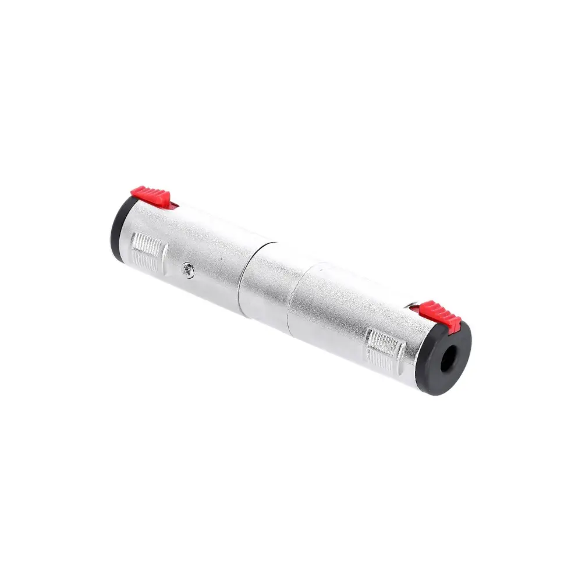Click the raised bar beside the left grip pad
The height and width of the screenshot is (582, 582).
pos(164,256)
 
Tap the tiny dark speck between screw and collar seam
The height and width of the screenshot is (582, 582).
pos(218,278)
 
